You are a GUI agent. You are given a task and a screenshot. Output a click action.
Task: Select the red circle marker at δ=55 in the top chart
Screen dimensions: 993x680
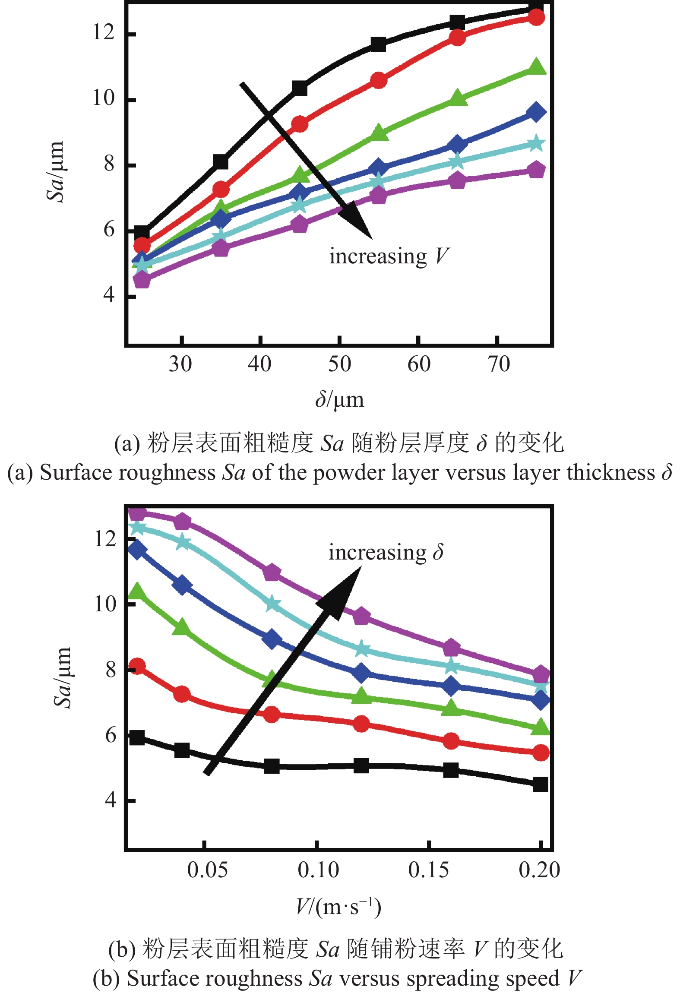click(379, 81)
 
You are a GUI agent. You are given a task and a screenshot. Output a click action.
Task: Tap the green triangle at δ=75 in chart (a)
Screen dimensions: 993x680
click(537, 67)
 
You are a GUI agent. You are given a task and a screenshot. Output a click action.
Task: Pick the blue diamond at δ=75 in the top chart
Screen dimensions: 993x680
click(536, 112)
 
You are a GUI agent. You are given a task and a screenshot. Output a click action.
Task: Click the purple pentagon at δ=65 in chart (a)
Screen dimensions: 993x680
click(457, 180)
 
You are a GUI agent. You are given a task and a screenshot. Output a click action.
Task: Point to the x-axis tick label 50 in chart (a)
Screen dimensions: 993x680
click(339, 364)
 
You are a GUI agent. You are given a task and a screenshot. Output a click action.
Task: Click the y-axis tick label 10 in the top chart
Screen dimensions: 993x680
click(104, 98)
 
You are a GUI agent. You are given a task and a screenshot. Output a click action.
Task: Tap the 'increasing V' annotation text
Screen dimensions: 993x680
click(389, 256)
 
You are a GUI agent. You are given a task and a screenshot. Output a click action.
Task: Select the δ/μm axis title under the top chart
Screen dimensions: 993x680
click(339, 399)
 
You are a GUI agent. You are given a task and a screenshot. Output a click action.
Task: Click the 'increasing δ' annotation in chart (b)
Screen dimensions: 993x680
click(386, 553)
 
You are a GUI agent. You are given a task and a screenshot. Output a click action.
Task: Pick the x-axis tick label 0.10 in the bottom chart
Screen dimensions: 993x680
click(318, 870)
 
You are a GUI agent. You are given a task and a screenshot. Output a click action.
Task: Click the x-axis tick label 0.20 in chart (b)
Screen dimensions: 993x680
click(539, 870)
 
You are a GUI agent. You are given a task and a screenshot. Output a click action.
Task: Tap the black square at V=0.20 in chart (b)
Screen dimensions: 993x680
click(540, 784)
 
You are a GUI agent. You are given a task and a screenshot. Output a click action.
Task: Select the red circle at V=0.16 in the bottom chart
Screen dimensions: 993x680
click(451, 741)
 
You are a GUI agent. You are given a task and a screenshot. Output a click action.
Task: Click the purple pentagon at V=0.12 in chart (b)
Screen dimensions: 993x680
click(361, 617)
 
